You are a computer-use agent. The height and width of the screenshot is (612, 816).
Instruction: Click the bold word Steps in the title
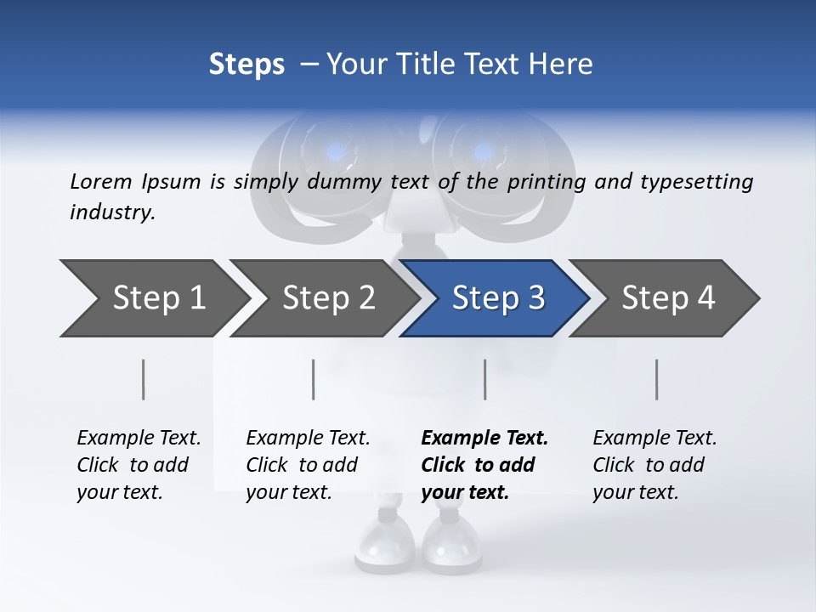246,65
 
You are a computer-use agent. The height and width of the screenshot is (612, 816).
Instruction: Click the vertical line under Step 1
144,379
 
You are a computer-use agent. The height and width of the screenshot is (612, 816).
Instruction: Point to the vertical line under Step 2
314,379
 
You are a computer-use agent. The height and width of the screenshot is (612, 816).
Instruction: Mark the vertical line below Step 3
485,379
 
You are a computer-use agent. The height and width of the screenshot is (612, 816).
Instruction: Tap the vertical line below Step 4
657,379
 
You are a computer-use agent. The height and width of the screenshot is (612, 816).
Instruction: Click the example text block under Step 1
139,465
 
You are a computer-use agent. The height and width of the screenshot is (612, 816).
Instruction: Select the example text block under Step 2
308,465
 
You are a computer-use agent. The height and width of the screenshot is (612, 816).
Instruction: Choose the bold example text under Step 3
484,465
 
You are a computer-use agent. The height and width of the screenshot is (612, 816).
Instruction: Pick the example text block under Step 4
654,465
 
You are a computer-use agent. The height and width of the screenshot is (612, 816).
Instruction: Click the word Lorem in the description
100,181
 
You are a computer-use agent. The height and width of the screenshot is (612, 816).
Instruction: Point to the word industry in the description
112,212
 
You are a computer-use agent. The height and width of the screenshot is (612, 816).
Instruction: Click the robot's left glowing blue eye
336,153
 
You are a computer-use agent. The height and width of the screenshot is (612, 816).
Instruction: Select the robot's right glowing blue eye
483,153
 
